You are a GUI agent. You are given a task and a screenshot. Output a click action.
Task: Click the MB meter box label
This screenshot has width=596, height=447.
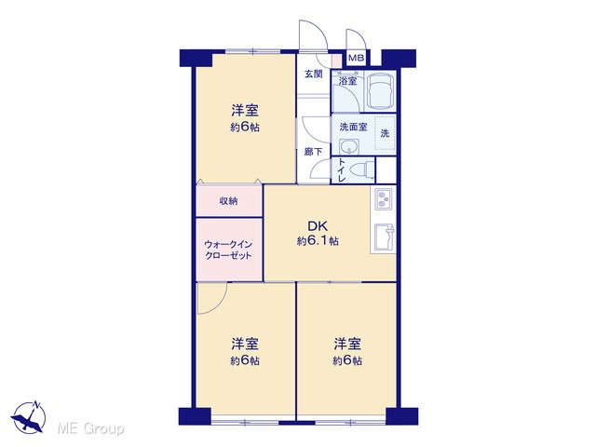pos(357,58)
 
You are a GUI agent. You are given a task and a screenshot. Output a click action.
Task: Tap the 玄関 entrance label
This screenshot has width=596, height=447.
pos(314,74)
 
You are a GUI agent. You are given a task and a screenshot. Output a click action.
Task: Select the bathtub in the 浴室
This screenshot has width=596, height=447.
pos(380,90)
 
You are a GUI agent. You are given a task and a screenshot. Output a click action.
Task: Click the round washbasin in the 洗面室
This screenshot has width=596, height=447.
pos(349,146)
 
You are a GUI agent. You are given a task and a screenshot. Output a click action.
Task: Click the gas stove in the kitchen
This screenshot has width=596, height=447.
pos(386,198)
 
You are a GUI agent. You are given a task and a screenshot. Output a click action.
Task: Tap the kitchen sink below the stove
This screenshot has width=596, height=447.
pos(385,237)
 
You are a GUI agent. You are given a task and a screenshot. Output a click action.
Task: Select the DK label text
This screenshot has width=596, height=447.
pos(318,226)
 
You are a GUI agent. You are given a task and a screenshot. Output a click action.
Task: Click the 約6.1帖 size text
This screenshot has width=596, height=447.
pos(318,241)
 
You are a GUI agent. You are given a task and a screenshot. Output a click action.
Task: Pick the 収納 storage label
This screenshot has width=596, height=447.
pos(228,201)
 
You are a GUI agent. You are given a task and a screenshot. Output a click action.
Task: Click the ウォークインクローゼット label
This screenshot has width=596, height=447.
pos(228,250)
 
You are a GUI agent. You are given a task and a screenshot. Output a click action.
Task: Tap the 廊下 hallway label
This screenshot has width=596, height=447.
pos(313,152)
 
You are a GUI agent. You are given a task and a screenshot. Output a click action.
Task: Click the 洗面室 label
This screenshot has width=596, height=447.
pos(353,127)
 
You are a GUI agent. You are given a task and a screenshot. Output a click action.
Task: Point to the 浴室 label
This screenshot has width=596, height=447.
pos(347,81)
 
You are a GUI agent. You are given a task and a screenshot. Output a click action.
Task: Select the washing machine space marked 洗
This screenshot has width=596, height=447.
pos(385,133)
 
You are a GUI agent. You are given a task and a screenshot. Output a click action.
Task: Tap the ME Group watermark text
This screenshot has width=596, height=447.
pos(90,429)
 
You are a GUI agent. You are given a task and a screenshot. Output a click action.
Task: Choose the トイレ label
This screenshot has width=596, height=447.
pos(341,169)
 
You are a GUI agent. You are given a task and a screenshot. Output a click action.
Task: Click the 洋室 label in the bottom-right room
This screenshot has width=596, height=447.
pos(347,344)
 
